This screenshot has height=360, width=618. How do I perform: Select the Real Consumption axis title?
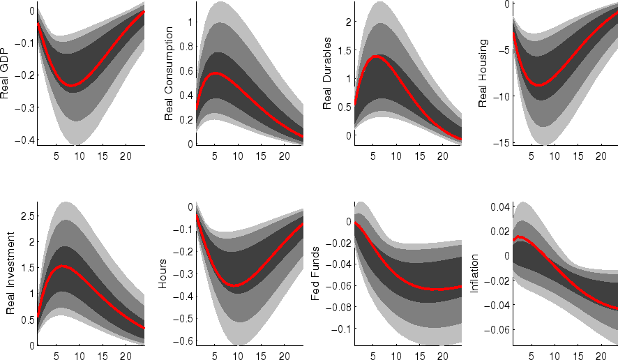169,78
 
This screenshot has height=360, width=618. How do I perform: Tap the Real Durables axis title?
327,78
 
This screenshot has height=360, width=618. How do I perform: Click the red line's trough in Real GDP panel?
71,86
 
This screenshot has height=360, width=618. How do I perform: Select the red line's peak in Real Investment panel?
62,267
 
